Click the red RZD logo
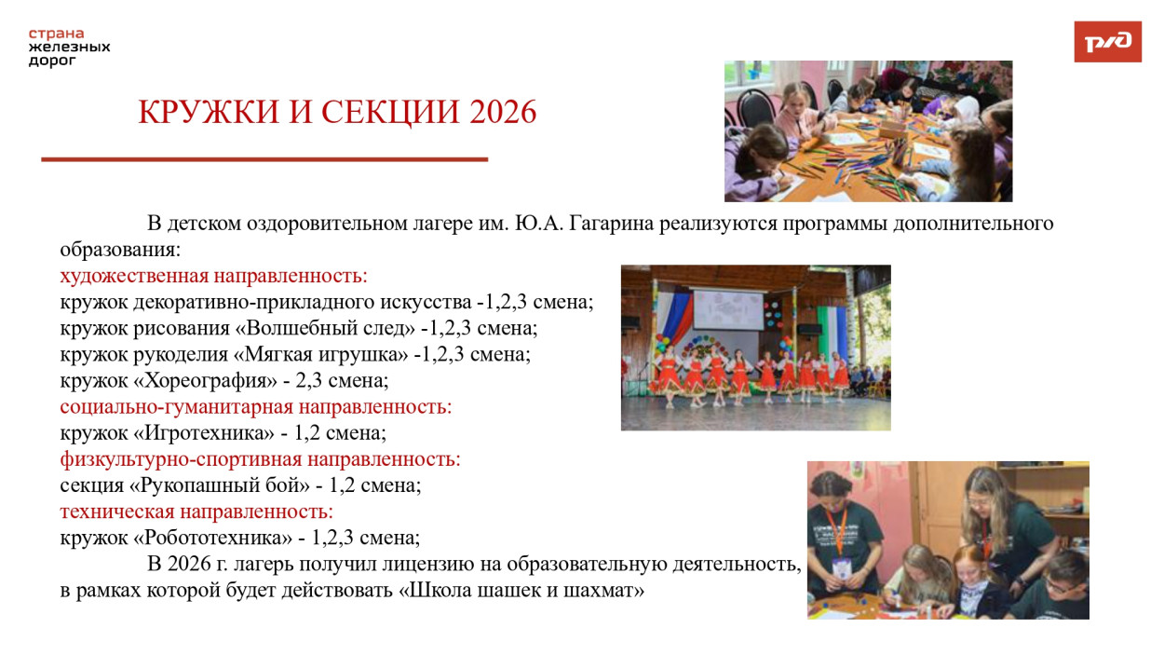[x=1107, y=42]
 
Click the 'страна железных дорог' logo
[x=69, y=47]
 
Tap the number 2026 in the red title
[x=503, y=112]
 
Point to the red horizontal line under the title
[x=264, y=159]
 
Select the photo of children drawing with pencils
[x=868, y=131]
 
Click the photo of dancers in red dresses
[x=755, y=348]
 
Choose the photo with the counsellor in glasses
[x=948, y=539]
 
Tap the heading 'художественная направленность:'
[x=214, y=276]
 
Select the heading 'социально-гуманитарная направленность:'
[x=256, y=406]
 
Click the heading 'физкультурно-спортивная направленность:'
[x=261, y=458]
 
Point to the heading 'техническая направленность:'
[x=196, y=511]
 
